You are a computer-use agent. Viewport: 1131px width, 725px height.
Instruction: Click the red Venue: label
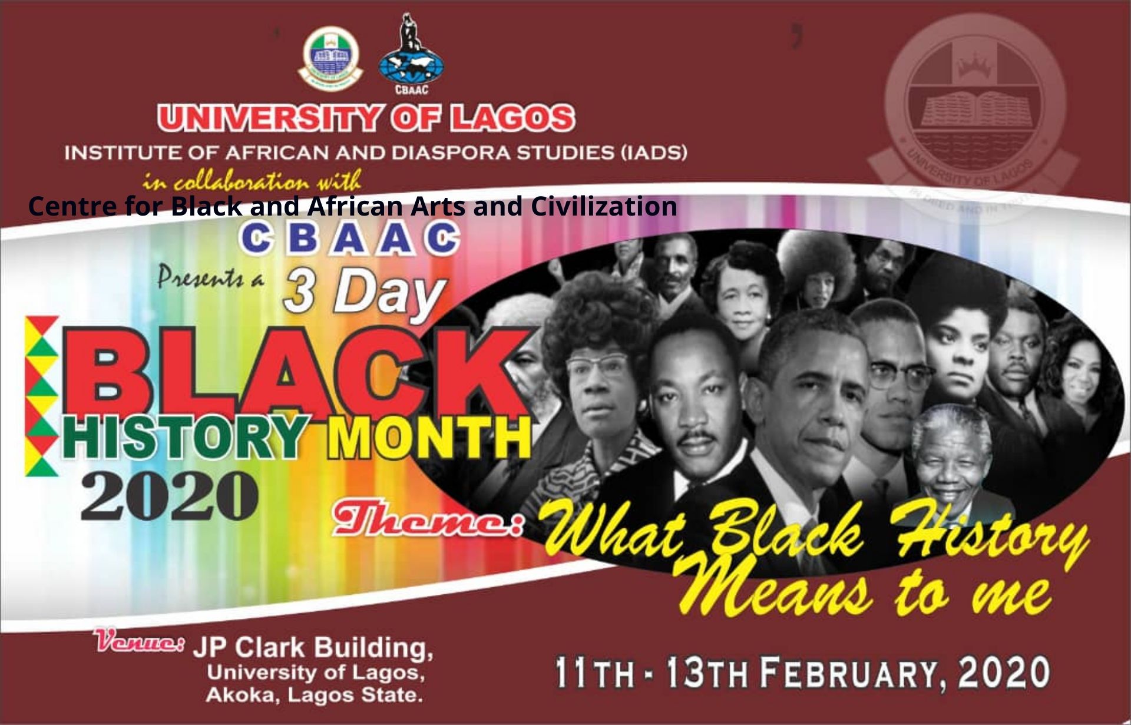click(141, 642)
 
